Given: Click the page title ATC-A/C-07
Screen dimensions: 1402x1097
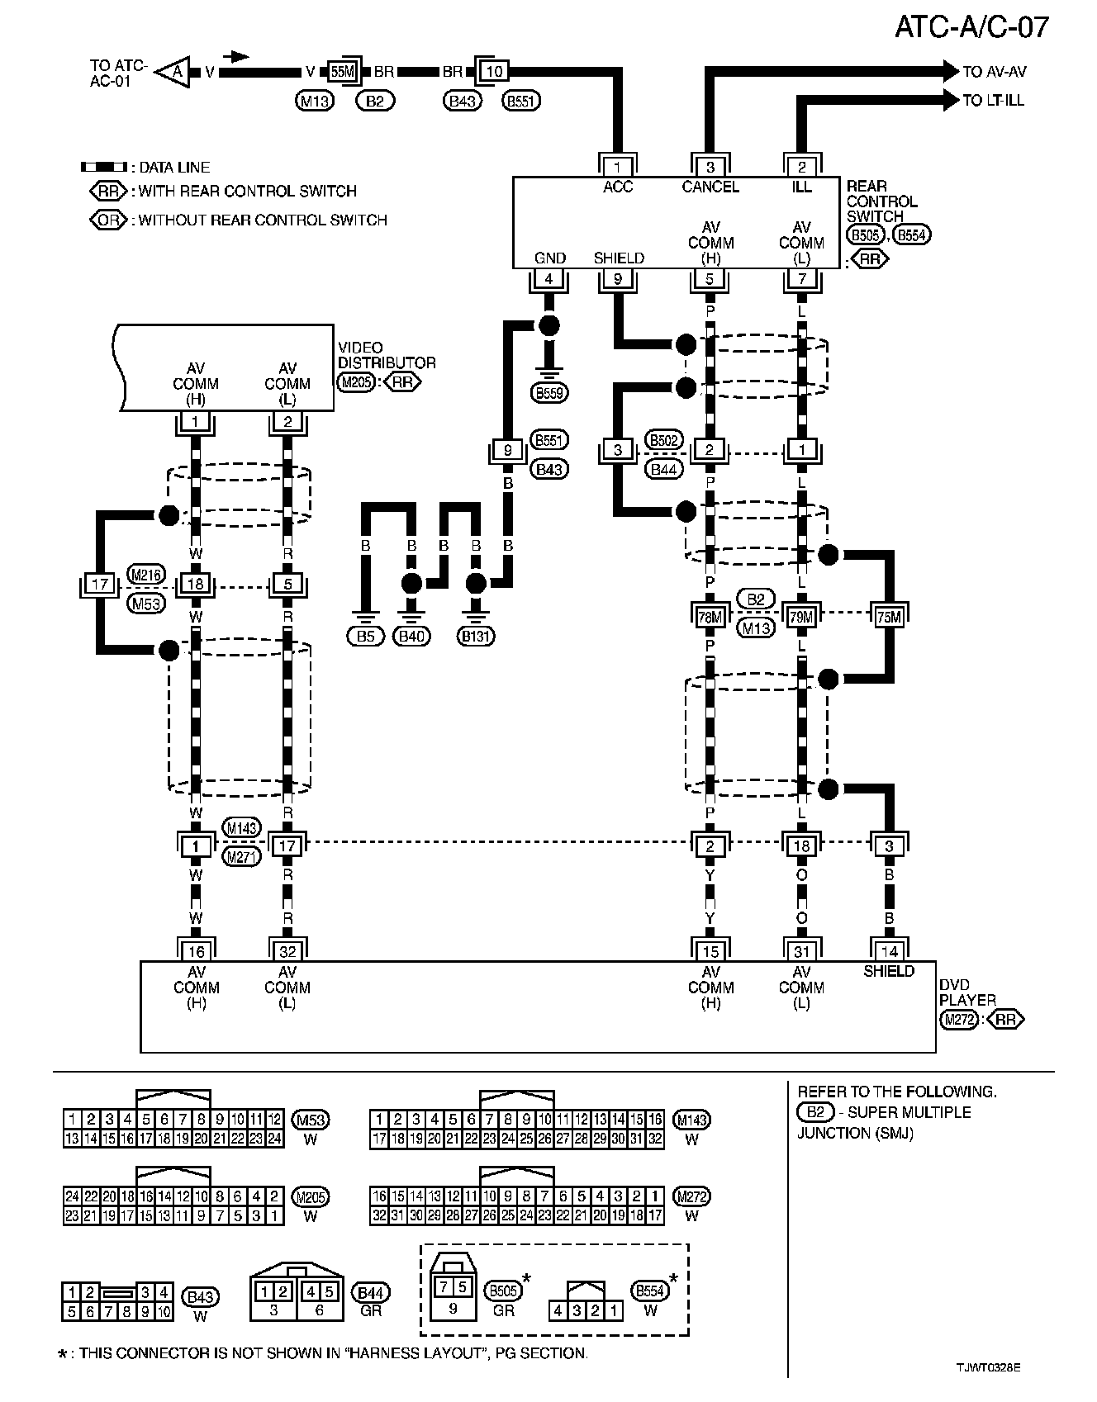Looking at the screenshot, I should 971,26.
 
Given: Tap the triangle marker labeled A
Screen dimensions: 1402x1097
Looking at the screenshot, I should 174,72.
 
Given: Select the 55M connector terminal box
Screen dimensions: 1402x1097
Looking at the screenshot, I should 341,72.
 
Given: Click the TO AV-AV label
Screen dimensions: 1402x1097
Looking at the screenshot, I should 995,72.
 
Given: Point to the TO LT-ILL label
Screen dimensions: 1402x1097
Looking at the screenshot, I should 993,100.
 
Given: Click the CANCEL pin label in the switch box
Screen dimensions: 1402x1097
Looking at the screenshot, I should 710,187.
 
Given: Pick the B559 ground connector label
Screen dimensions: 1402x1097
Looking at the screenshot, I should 549,393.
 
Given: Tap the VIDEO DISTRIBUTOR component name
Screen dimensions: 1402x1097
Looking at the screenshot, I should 386,355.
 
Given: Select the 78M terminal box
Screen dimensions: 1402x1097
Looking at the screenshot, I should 710,616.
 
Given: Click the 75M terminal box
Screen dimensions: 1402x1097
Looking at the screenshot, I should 889,616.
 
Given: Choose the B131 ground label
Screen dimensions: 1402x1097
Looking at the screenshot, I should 475,636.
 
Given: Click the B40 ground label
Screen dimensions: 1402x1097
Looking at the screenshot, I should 411,636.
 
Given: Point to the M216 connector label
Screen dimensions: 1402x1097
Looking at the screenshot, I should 146,575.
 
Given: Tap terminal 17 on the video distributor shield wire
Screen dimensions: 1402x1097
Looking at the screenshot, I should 100,585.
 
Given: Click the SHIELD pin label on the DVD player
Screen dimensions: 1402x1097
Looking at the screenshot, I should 889,972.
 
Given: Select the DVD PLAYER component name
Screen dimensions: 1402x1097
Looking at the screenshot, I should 967,992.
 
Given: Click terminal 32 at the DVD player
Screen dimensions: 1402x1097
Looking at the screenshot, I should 287,951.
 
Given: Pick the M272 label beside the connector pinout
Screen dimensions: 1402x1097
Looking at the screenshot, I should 691,1196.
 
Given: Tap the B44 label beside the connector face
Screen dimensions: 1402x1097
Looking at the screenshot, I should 371,1293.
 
